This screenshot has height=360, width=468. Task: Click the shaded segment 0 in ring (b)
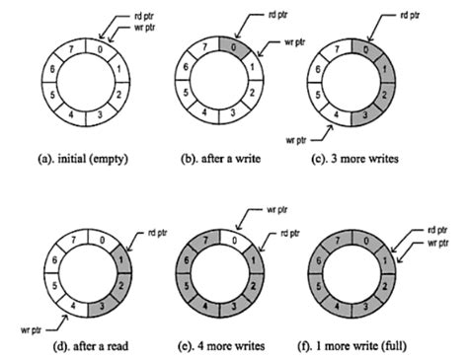(x=228, y=47)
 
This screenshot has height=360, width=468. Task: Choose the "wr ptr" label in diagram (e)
(x=277, y=210)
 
